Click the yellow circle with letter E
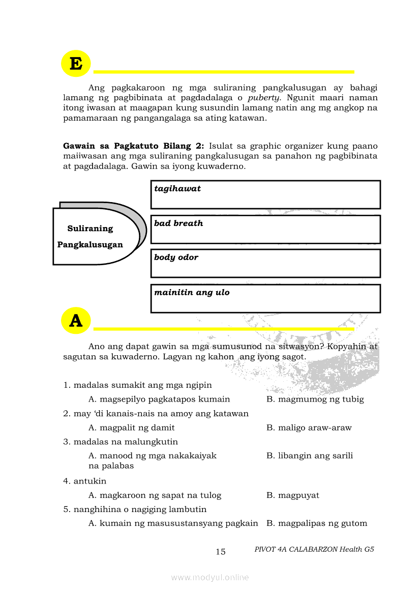76,64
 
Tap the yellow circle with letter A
76,321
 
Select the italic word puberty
264,98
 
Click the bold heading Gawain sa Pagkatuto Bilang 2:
133,146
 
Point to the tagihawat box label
177,189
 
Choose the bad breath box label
178,223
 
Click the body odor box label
176,258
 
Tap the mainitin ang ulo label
192,293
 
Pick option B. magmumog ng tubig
315,400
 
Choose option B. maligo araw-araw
309,428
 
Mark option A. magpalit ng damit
132,428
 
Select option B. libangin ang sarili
310,456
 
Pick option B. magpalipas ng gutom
317,524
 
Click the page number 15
221,552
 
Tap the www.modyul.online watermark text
210,578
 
